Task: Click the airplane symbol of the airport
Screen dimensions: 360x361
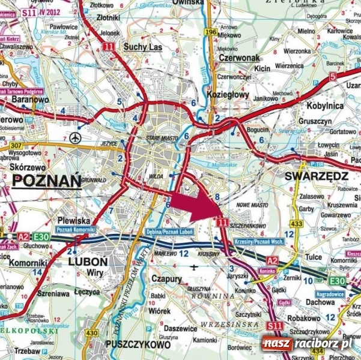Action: [x=74, y=137]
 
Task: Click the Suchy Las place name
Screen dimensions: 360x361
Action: [x=141, y=46]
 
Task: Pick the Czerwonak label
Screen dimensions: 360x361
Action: [x=239, y=58]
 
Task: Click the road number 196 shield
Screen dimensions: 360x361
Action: [x=210, y=31]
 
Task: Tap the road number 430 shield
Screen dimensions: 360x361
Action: [x=91, y=333]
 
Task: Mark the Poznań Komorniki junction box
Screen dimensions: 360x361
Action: [x=74, y=230]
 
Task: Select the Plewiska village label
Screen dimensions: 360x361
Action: [x=73, y=220]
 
